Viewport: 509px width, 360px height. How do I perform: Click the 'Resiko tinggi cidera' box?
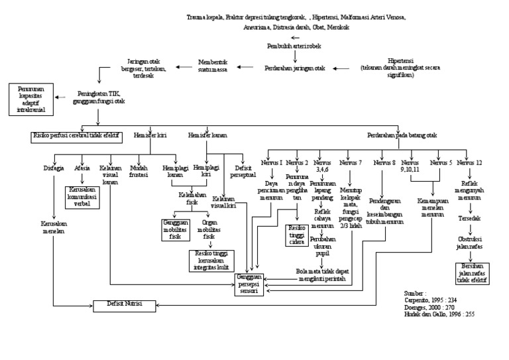point(294,234)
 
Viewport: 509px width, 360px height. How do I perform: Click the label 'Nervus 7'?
point(351,162)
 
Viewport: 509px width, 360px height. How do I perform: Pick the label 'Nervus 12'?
point(470,162)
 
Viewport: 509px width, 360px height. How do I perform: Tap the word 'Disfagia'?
point(53,168)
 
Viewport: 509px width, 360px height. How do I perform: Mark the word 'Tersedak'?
point(470,217)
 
